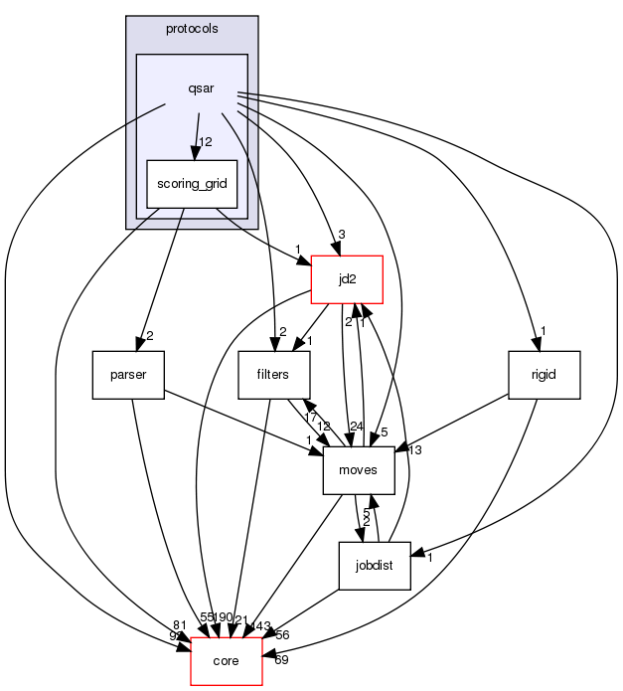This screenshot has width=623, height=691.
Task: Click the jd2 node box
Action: pyautogui.click(x=347, y=279)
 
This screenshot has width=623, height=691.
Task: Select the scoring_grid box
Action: pyautogui.click(x=192, y=184)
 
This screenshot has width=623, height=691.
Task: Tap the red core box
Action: pyautogui.click(x=225, y=661)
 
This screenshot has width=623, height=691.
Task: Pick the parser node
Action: pyautogui.click(x=128, y=375)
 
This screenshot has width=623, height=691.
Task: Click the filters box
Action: pyautogui.click(x=275, y=375)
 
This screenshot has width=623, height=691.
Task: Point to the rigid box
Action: pyautogui.click(x=543, y=375)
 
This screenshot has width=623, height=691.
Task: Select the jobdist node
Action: pyautogui.click(x=375, y=566)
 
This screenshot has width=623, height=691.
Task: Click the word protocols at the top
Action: pyautogui.click(x=192, y=29)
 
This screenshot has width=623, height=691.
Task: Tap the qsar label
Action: pyautogui.click(x=202, y=89)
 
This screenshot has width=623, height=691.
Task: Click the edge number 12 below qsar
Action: pyautogui.click(x=206, y=142)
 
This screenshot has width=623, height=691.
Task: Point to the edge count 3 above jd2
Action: pyautogui.click(x=342, y=235)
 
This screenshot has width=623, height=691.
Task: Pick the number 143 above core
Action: pyautogui.click(x=259, y=625)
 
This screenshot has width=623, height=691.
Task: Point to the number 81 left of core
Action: pyautogui.click(x=180, y=625)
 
